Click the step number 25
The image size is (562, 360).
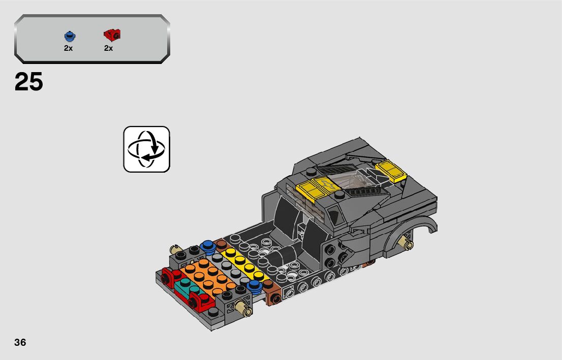pyautogui.click(x=28, y=82)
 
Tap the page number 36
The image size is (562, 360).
pyautogui.click(x=20, y=342)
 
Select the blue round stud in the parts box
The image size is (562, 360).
pyautogui.click(x=70, y=36)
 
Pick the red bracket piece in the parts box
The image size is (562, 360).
pyautogui.click(x=112, y=35)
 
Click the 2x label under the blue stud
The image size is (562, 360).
pyautogui.click(x=69, y=48)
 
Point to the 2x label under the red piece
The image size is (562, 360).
pyautogui.click(x=109, y=48)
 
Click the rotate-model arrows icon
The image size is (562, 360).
pyautogui.click(x=146, y=149)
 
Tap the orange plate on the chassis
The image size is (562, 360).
pyautogui.click(x=206, y=276)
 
